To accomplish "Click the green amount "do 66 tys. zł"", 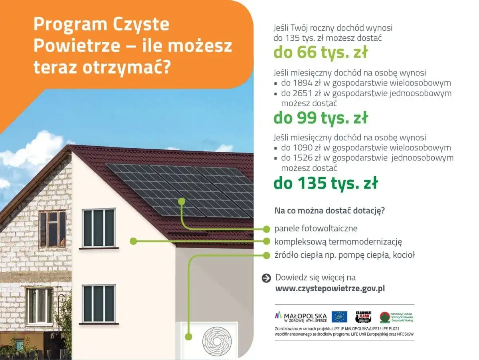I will coord(321,52).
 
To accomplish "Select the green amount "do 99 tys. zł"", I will coord(321,118).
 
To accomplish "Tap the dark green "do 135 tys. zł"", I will coord(325,183).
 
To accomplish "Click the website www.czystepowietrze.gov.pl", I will coord(330,288).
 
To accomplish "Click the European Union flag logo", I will coord(339,316).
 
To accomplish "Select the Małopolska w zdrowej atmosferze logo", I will coord(301,317).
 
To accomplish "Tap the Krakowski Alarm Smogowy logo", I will coord(363,316).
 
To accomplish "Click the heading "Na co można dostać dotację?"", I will coord(330,211).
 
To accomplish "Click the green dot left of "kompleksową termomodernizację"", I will coord(133,241).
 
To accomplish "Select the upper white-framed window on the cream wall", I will coord(99,228).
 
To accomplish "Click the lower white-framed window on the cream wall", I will coord(99,304).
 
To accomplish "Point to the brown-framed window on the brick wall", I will coord(52,229).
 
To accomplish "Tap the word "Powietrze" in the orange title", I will coord(77,46).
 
